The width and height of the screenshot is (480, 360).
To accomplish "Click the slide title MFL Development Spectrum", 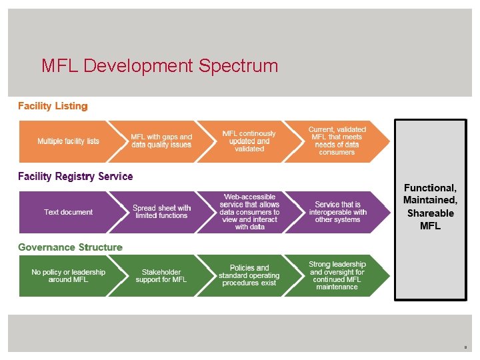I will tap(159, 66).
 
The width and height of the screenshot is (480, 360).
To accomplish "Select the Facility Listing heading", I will tap(53, 106).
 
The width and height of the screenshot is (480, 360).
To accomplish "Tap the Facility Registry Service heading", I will tap(75, 177).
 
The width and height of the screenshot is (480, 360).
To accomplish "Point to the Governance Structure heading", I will tap(70, 247).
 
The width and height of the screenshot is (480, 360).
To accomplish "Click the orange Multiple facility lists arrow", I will tap(68, 141).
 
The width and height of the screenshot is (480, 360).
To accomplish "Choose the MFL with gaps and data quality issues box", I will tap(161, 141).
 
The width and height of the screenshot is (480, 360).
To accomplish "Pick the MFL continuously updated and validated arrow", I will tap(249, 141).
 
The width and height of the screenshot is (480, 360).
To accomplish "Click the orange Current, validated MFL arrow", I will tap(337, 141).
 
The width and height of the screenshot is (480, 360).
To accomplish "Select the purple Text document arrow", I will tap(68, 212).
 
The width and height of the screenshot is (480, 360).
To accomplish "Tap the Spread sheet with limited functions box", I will tap(161, 212).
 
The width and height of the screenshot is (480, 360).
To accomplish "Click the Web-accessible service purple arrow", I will tap(249, 212).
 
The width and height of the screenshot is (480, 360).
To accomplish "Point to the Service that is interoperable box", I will tap(337, 212).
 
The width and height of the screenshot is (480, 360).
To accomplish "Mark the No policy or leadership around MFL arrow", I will tap(68, 276).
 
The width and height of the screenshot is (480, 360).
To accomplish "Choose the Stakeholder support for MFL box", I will tap(161, 276).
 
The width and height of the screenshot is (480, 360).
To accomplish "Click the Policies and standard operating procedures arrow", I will tap(249, 276).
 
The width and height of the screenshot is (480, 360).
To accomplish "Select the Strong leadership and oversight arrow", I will tap(337, 276).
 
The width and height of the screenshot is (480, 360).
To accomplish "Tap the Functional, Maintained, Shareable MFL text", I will tap(430, 207).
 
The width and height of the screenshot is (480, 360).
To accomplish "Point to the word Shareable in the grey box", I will tap(430, 213).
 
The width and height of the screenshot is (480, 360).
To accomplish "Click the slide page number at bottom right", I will tap(466, 347).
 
